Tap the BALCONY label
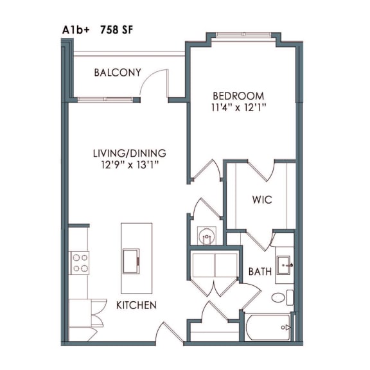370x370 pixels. coord(118,73)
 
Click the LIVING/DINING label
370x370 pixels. coord(129,154)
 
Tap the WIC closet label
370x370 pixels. coord(262,200)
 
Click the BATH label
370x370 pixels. coord(260,272)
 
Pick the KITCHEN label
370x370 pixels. coord(136,305)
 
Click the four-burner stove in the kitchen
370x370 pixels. coord(80,262)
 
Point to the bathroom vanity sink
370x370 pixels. coord(285,263)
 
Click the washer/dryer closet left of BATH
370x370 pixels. coord(215,265)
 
